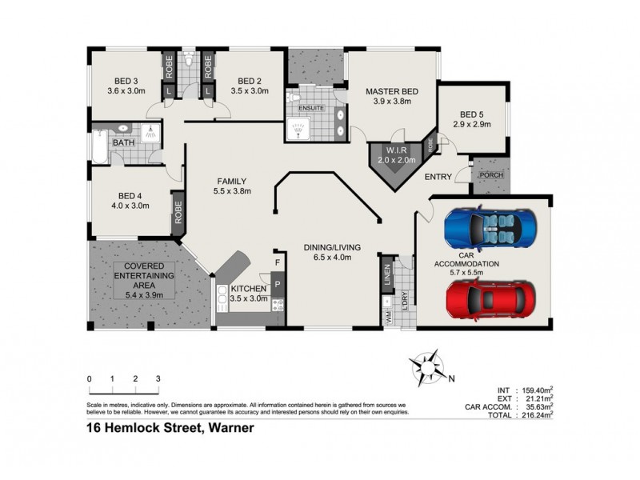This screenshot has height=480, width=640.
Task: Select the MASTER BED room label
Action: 388,91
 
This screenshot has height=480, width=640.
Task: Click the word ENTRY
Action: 438,177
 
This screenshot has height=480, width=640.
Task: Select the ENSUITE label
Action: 310,106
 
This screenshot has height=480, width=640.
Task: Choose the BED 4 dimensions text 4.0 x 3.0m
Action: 130,206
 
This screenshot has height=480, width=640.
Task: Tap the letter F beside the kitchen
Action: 278,262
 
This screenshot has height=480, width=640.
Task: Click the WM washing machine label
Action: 388,317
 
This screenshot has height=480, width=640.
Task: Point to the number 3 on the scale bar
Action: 158,378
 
